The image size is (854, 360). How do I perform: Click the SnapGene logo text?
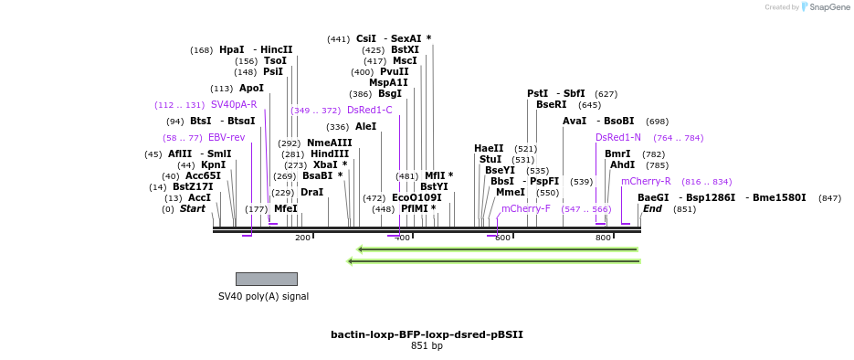(828, 7)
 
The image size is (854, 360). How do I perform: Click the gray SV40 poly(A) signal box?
(266, 279)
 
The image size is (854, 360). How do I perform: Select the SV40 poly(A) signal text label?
(263, 296)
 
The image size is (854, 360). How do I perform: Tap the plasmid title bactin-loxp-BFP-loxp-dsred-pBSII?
(427, 334)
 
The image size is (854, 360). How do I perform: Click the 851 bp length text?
(427, 346)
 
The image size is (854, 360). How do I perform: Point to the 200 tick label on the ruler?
(302, 238)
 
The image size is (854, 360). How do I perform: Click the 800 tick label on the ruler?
(603, 238)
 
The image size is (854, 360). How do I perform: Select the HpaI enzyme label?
(232, 50)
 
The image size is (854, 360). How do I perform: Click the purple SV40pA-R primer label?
(234, 105)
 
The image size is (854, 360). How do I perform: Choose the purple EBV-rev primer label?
(227, 138)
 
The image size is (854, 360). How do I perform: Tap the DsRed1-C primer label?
(370, 111)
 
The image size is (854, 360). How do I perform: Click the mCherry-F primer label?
(526, 208)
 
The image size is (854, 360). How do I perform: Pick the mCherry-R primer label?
(646, 182)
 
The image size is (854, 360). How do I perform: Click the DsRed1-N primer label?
(618, 138)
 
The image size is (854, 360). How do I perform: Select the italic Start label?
(193, 209)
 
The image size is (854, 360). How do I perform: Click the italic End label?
(652, 209)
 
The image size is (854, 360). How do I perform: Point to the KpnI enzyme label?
(214, 165)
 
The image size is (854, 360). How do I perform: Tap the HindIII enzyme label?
(330, 154)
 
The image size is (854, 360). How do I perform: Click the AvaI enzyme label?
(575, 122)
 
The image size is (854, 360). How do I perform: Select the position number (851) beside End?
(685, 209)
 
